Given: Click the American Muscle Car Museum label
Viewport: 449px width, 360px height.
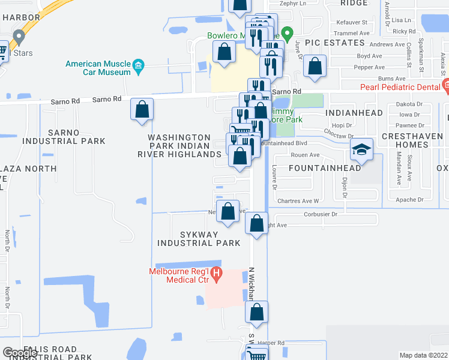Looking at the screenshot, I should (98, 68).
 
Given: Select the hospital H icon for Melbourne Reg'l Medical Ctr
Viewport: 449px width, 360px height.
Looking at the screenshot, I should (216, 272).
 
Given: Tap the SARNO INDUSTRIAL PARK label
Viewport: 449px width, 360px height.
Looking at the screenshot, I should (64, 137).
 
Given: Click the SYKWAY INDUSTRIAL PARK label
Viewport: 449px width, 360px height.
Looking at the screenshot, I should (199, 238).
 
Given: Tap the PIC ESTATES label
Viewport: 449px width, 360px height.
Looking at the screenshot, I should (334, 43).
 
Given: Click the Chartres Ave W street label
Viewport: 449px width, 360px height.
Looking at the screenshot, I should (302, 200).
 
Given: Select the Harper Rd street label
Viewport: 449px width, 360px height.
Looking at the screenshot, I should (271, 343).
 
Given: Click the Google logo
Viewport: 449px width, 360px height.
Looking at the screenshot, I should (20, 353).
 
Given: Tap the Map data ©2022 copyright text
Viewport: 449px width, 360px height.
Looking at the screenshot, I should (423, 355).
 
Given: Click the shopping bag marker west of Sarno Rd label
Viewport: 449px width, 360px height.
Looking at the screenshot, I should (142, 110).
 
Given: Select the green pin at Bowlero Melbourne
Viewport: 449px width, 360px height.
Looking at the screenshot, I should (288, 34).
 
